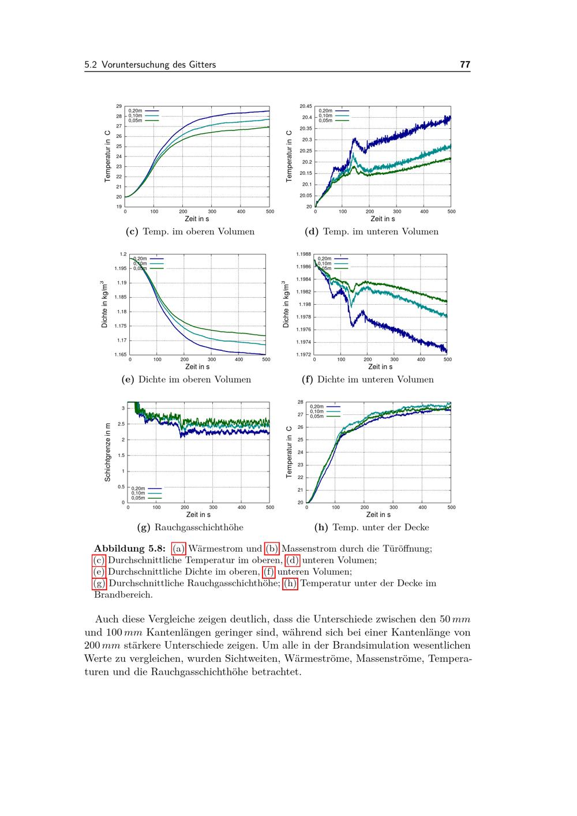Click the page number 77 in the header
pos(465,65)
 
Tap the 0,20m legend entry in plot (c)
pos(135,111)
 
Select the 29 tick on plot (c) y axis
pos(119,106)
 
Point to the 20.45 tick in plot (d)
pos(305,106)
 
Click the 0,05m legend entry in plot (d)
pos(325,121)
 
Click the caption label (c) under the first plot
pos(132,231)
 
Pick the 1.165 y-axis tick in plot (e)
pos(121,354)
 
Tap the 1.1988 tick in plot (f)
pos(304,254)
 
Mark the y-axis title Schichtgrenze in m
pos(108,452)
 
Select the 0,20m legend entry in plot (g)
pos(138,488)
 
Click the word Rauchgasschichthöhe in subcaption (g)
pos(198,527)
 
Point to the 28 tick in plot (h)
pos(300,402)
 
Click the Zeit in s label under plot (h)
pos(379,514)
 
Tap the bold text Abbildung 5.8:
pos(130,548)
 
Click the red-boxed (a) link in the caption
pos(179,548)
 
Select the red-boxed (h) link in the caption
pos(291,583)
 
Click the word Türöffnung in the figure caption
pos(409,548)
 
